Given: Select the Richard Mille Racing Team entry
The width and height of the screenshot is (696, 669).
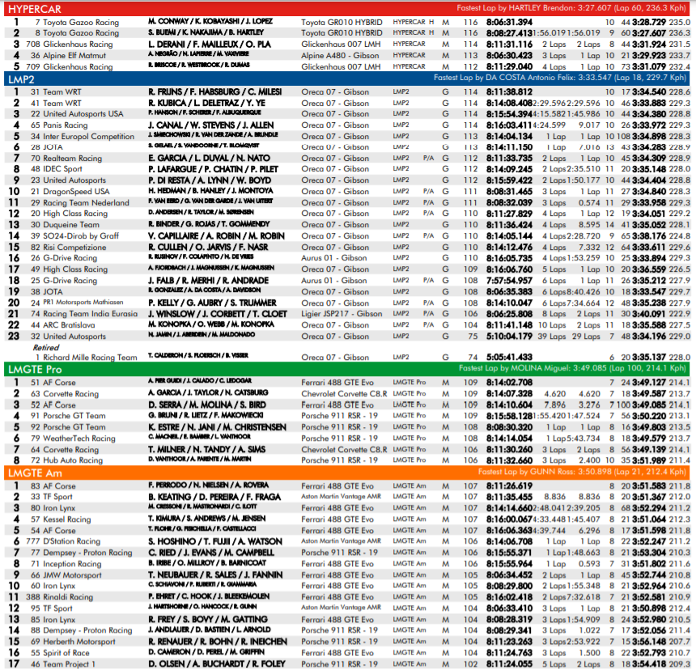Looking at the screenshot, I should (x=90, y=357).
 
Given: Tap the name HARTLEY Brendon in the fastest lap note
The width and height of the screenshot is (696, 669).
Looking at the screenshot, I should (x=577, y=8).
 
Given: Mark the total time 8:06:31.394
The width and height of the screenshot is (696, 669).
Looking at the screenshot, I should (x=509, y=22).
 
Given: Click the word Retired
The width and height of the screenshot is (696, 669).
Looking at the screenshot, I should (x=46, y=347).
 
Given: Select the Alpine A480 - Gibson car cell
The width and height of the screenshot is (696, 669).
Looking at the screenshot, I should (x=341, y=55).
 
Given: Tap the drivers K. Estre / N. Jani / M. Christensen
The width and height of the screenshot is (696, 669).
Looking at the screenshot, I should (x=217, y=427).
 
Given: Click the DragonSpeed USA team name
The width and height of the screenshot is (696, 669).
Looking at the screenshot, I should (x=76, y=191).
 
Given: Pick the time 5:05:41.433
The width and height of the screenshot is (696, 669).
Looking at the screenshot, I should (x=509, y=357).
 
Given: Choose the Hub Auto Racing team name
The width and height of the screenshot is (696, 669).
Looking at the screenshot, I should (x=74, y=460).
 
